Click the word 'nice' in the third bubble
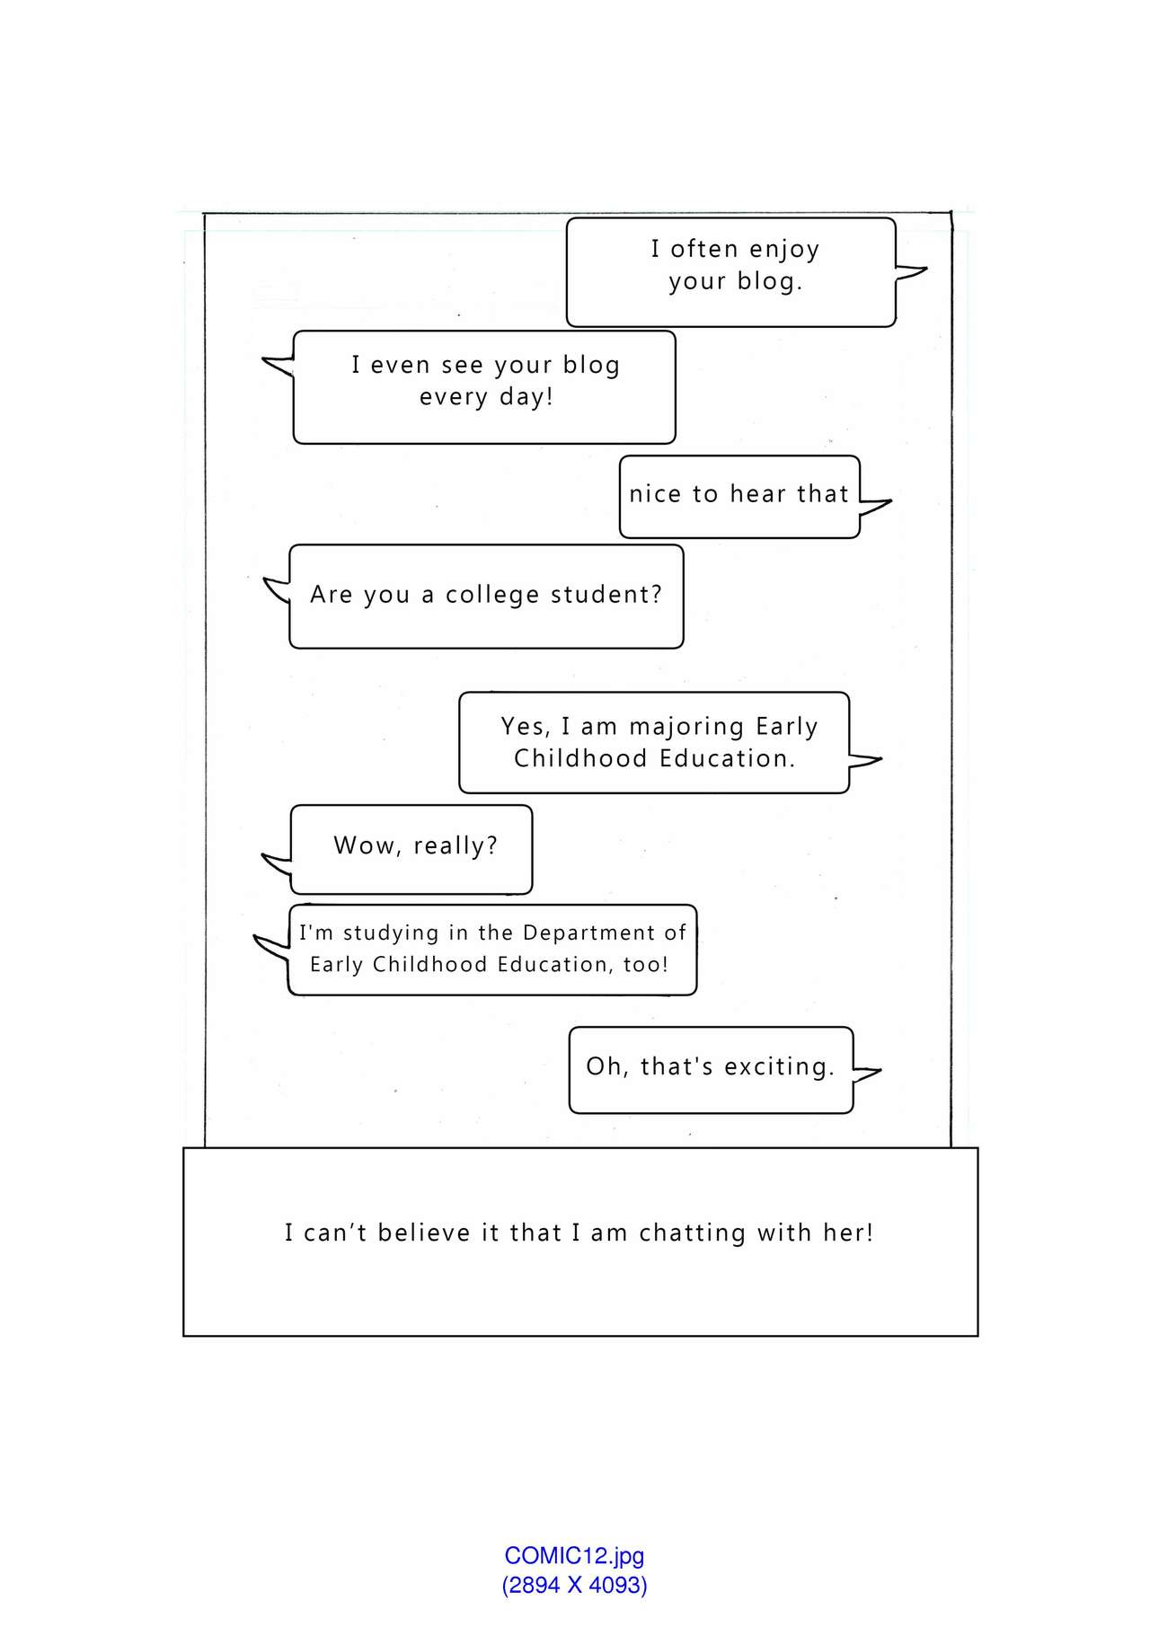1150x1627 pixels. [x=654, y=494]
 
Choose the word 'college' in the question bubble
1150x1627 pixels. [x=492, y=595]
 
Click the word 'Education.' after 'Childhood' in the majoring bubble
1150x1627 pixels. [x=728, y=759]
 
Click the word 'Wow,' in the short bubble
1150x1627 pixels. [x=367, y=845]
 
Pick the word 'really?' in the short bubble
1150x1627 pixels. [x=455, y=846]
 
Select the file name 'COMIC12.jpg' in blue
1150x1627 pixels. [x=574, y=1556]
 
